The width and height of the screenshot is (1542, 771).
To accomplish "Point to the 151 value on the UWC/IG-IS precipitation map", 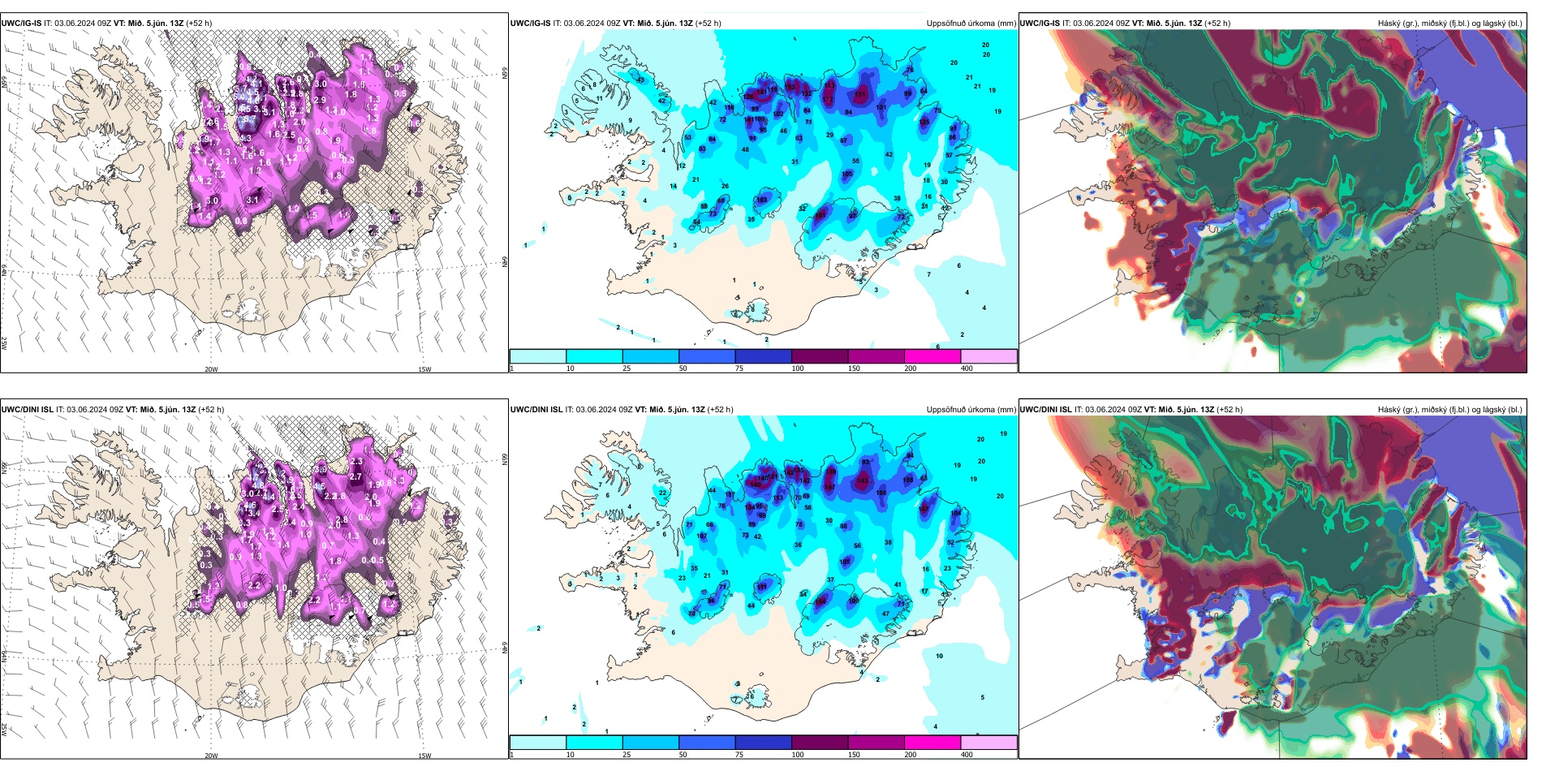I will [x=860, y=95].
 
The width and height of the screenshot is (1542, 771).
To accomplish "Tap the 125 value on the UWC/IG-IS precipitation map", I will [x=924, y=123].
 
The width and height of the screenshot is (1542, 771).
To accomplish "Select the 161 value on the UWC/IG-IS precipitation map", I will [x=821, y=215].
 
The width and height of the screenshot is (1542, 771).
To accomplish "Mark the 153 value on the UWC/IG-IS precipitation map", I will [x=790, y=87].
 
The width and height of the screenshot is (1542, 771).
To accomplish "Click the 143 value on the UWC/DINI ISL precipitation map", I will [x=862, y=481].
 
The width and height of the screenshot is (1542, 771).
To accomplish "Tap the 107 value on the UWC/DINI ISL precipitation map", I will [x=702, y=536].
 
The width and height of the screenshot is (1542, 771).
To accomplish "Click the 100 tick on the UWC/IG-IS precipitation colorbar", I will [x=798, y=368].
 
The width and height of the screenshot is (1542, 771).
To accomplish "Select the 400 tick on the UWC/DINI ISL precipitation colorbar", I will [x=967, y=755].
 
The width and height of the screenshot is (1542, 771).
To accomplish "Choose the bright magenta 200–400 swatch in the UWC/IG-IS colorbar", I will [x=933, y=356].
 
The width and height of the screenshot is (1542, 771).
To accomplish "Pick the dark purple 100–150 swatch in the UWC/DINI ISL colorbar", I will [x=820, y=743].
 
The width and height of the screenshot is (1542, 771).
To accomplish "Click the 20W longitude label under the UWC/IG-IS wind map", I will [x=211, y=369].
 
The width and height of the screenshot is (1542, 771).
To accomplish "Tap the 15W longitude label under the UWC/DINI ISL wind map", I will [x=424, y=756].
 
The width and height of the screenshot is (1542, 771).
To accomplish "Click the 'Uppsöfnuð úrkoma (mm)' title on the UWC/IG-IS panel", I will [x=971, y=24].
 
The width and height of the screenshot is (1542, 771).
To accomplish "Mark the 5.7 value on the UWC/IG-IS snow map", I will [x=249, y=119].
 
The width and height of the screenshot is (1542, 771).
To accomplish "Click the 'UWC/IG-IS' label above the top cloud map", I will [x=1040, y=24].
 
